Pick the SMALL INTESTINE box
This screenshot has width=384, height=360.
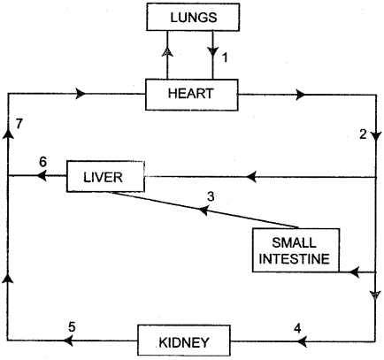click(291, 250)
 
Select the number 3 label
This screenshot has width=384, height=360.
click(210, 195)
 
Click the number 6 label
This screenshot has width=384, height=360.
click(42, 163)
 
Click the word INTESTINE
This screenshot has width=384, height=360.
click(291, 259)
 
